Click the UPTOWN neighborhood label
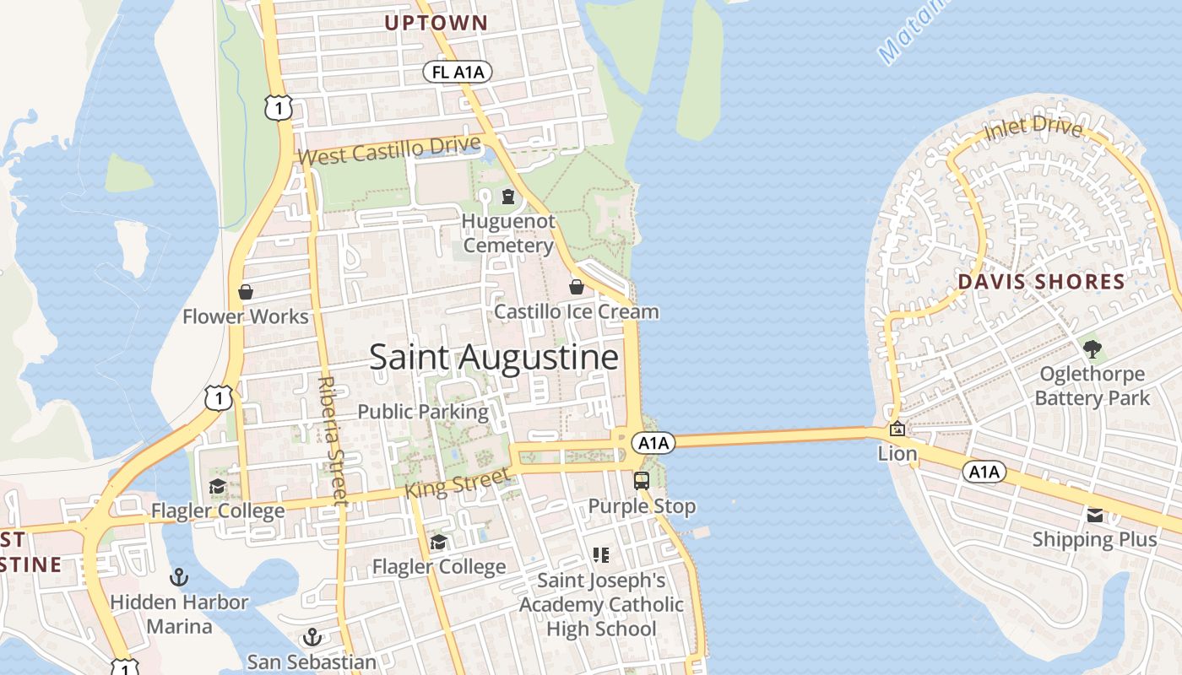coord(436,23)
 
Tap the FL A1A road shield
coord(458,73)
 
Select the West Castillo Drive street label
coord(389,152)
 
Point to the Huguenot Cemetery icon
coord(508,197)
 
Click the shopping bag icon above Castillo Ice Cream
coord(577,287)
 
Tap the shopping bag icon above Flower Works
coord(246,292)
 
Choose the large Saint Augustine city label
coord(494,358)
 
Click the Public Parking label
coord(423,412)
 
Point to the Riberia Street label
coord(332,440)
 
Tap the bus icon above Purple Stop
coord(642,481)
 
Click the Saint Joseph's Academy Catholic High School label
coord(601,604)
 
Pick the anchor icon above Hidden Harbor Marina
coord(179,577)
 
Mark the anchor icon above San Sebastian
coord(312,636)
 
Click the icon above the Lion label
coord(897,429)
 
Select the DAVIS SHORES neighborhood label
coord(1041,282)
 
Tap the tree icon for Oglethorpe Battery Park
coord(1093,348)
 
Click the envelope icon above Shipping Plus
coord(1095,515)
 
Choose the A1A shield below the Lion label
coord(984,472)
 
